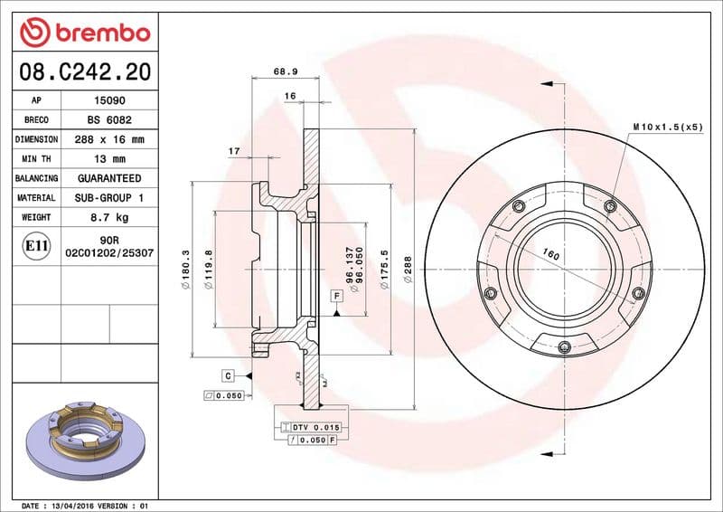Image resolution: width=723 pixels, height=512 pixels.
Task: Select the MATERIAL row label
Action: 36,198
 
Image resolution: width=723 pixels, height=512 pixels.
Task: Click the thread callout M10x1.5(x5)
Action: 667,127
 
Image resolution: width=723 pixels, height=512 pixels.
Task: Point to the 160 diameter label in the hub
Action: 551,256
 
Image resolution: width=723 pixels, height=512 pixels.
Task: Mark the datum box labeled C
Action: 229,375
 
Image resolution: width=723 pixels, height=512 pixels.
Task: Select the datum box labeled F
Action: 335,296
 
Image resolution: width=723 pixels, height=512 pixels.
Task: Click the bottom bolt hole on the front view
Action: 564,347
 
